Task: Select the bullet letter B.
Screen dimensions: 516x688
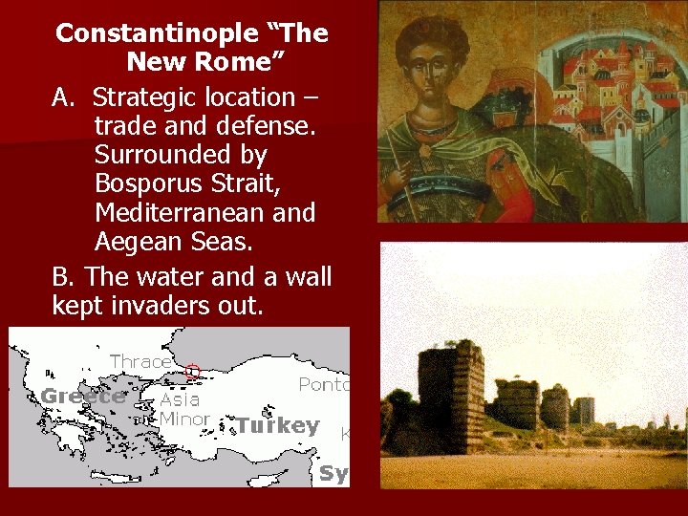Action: point(63,277)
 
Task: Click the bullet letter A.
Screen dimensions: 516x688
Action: point(63,97)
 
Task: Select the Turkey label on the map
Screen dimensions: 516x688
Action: point(277,425)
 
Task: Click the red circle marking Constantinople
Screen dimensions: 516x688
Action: point(192,372)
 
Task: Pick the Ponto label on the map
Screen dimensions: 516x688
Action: point(325,384)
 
